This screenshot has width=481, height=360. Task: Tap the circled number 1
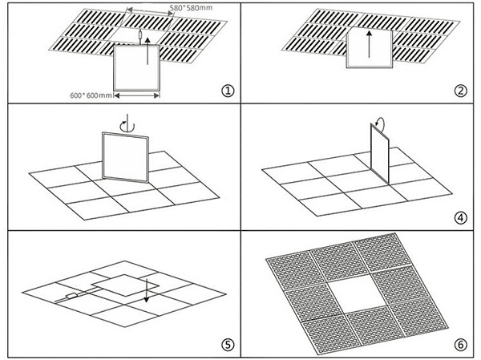pyautogui.click(x=228, y=90)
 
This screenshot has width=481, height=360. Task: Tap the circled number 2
pyautogui.click(x=459, y=91)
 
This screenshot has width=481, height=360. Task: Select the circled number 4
pyautogui.click(x=459, y=216)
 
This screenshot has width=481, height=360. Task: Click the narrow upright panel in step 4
pyautogui.click(x=378, y=153)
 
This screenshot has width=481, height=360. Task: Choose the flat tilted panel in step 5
pyautogui.click(x=120, y=287)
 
